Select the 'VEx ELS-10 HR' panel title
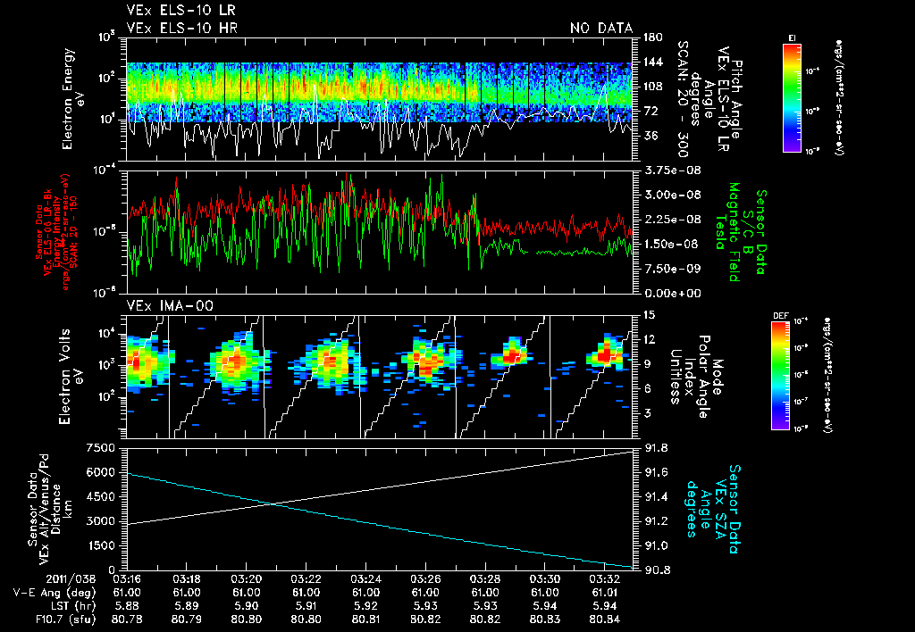(x=181, y=28)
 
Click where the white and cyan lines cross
(x=270, y=504)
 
